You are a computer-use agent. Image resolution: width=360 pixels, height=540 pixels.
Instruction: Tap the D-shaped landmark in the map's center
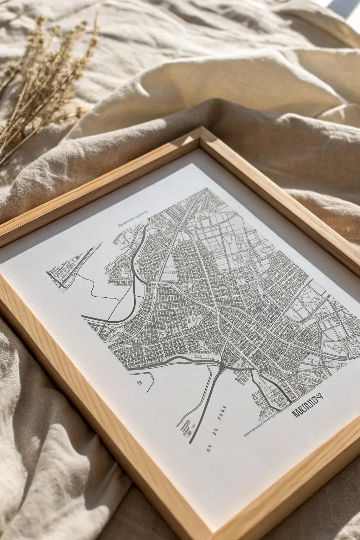(192, 320)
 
